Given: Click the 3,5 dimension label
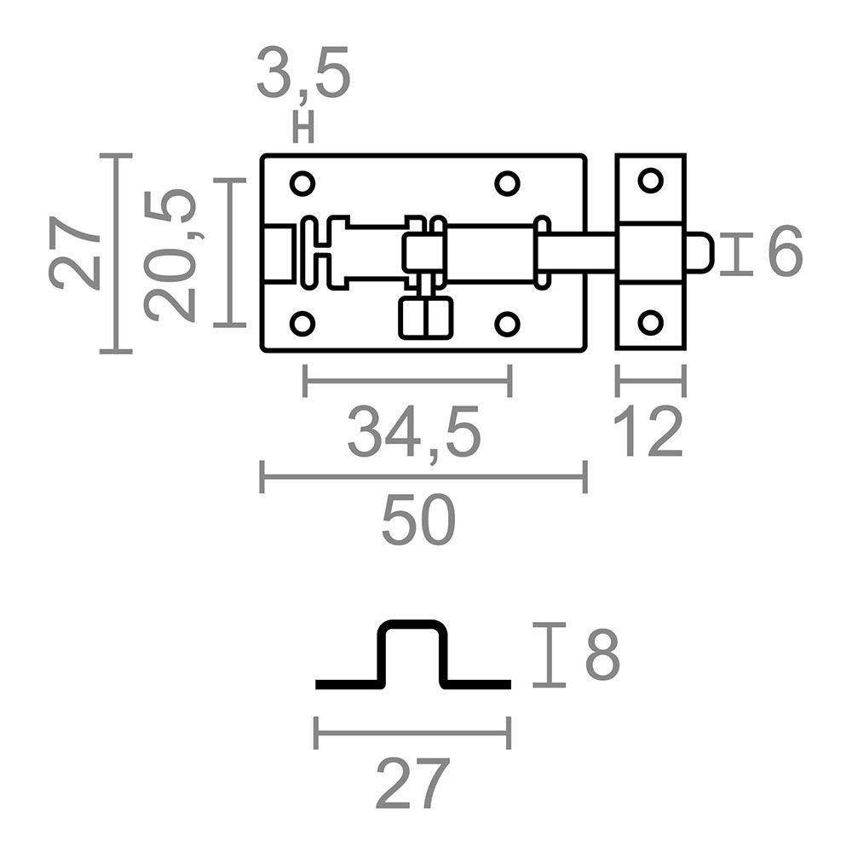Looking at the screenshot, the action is pyautogui.click(x=303, y=74).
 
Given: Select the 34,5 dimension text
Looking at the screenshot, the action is pyautogui.click(x=413, y=433).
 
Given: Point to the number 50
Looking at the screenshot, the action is pyautogui.click(x=417, y=521).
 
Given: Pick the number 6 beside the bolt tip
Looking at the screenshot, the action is pyautogui.click(x=785, y=252).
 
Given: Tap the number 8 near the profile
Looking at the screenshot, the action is pyautogui.click(x=602, y=654).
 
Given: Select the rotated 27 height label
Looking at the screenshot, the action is pyautogui.click(x=74, y=252).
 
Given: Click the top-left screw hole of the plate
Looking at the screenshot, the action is pyautogui.click(x=302, y=183).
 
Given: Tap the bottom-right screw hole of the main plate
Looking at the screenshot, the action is pyautogui.click(x=507, y=324).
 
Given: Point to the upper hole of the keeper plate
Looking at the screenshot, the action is pyautogui.click(x=650, y=181).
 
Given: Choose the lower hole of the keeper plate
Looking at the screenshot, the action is pyautogui.click(x=650, y=322).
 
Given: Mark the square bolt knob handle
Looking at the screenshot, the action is pyautogui.click(x=425, y=319).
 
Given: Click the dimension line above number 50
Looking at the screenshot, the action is pyautogui.click(x=423, y=476).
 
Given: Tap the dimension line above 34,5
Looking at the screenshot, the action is pyautogui.click(x=407, y=380).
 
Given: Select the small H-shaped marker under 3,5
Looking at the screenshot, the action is pyautogui.click(x=303, y=128).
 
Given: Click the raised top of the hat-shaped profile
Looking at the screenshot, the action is pyautogui.click(x=413, y=623).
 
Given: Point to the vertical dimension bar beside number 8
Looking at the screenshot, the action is pyautogui.click(x=550, y=654).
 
